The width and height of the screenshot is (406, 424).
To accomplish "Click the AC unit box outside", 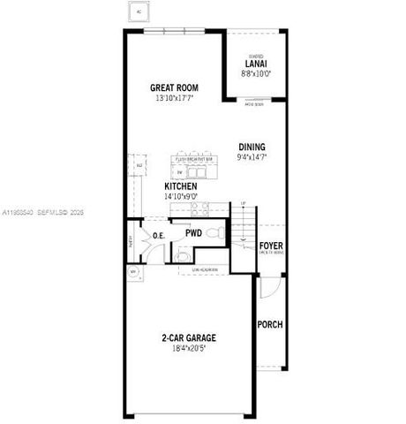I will tap(138, 11).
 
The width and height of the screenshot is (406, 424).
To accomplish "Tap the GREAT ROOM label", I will tap(174, 87).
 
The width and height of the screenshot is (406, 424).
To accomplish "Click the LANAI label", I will tap(256, 64).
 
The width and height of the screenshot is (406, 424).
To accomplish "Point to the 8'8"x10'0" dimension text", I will tap(256, 73).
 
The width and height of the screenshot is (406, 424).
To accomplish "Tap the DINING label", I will tap(252, 147).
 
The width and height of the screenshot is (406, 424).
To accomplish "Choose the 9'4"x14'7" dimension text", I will tap(252, 156).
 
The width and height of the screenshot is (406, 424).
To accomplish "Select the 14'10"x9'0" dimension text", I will tap(181, 197).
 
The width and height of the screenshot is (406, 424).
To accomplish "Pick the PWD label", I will tap(194, 234).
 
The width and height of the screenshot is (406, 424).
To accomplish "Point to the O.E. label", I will tap(159, 236).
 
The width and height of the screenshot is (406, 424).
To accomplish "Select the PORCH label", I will tap(270, 324).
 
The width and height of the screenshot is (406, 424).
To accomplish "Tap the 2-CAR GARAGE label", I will tap(188, 337).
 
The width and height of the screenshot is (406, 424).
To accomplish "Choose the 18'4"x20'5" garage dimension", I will tap(188, 349).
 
